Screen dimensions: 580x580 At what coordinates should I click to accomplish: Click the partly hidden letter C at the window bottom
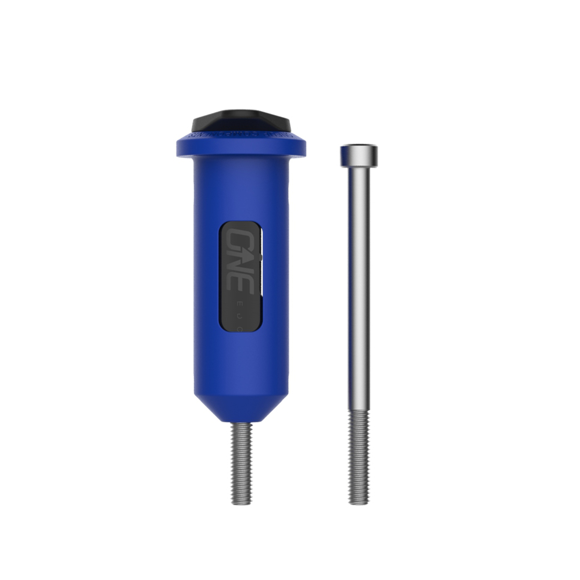[239, 329]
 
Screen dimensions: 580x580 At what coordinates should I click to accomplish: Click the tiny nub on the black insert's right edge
[262, 257]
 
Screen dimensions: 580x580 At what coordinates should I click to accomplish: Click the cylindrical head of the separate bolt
[359, 156]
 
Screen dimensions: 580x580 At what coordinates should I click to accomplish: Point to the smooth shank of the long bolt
[359, 285]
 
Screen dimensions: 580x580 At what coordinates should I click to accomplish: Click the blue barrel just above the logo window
[241, 195]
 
